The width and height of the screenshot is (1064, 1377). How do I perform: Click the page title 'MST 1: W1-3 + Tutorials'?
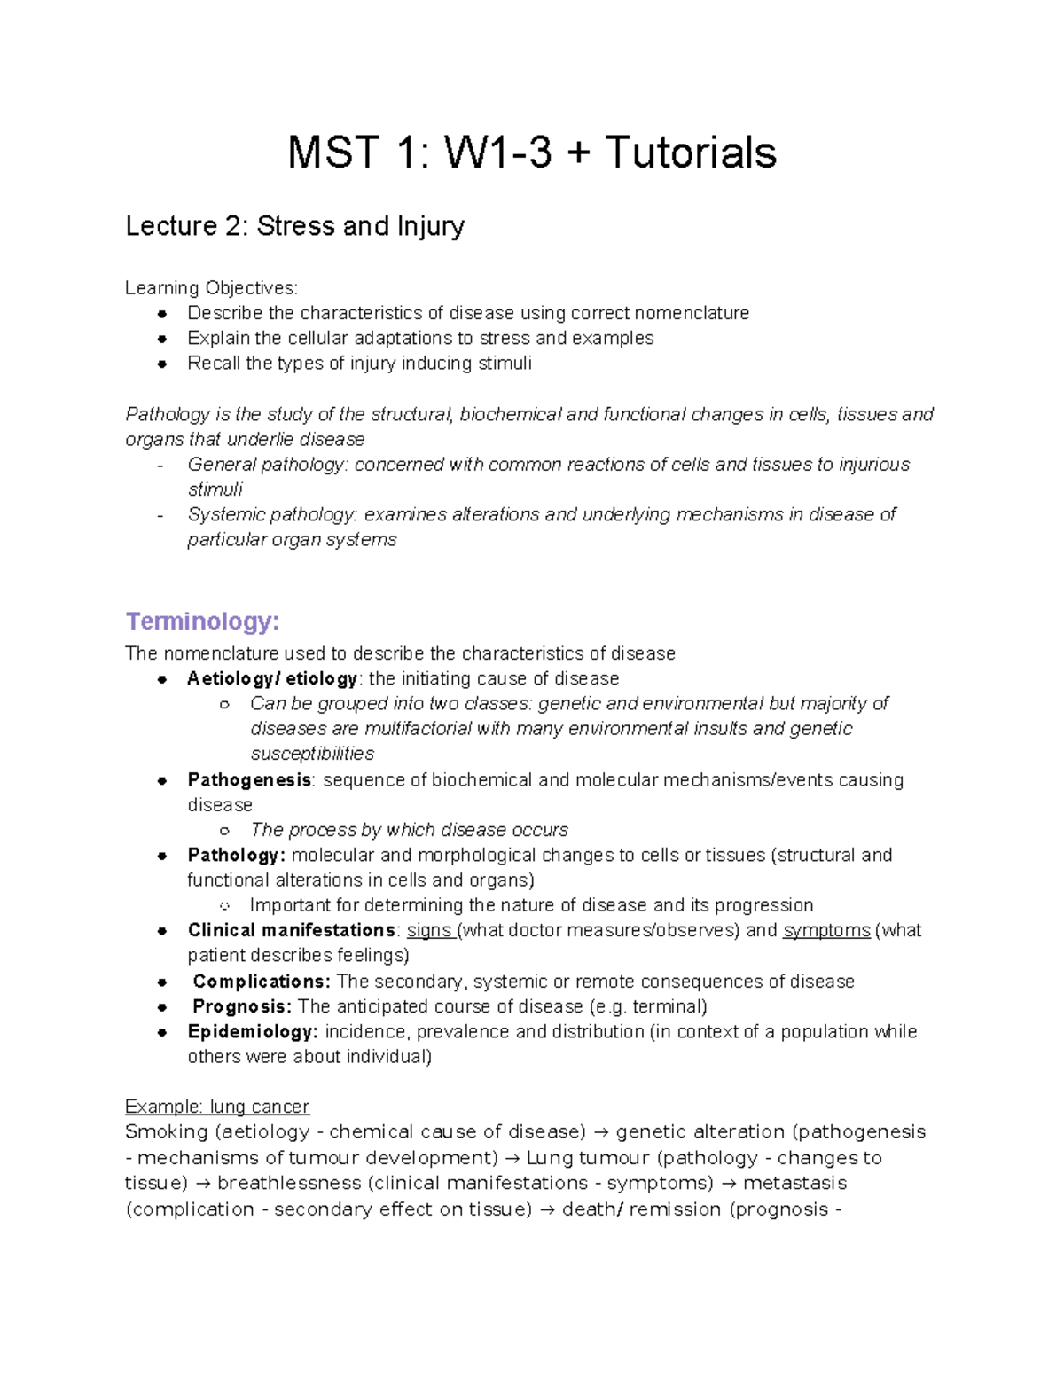[x=532, y=153]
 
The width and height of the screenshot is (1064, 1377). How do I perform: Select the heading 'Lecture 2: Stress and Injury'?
[x=294, y=227]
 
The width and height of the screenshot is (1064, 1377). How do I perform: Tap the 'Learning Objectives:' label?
[x=211, y=288]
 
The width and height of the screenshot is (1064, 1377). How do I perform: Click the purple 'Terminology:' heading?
[x=202, y=621]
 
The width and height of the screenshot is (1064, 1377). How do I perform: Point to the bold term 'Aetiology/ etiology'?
[x=271, y=679]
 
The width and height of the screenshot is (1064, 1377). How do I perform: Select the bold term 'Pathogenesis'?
[x=249, y=780]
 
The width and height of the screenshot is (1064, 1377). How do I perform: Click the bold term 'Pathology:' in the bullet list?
[x=236, y=856]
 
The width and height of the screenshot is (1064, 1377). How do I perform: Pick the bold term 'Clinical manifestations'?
[x=291, y=930]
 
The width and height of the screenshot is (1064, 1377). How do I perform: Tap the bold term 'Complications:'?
[x=262, y=982]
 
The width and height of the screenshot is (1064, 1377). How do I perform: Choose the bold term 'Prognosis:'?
[x=242, y=1006]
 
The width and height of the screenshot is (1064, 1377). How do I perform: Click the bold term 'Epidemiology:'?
[x=253, y=1032]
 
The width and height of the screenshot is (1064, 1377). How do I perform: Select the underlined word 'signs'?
[x=429, y=930]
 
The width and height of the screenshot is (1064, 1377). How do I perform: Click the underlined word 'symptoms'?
[x=826, y=930]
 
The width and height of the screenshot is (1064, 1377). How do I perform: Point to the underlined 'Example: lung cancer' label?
[x=217, y=1107]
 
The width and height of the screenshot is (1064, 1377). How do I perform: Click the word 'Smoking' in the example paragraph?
[x=166, y=1132]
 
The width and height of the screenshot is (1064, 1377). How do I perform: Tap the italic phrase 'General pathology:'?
[x=267, y=465]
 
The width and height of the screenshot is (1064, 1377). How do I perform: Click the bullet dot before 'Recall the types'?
[x=161, y=364]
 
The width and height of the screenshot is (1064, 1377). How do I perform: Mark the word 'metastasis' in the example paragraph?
[x=794, y=1184]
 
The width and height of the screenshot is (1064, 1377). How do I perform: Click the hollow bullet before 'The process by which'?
[x=224, y=831]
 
